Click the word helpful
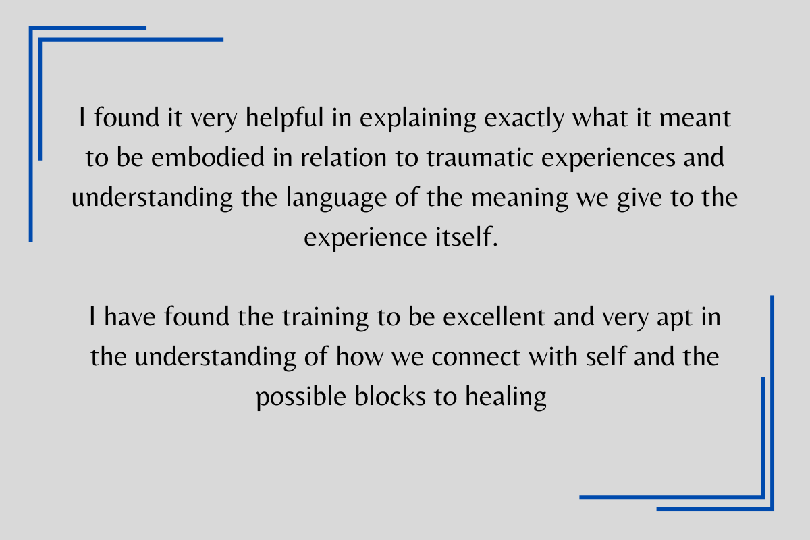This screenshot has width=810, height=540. pyautogui.click(x=285, y=118)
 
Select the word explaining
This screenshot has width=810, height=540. pyautogui.click(x=418, y=118)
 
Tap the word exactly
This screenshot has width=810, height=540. pyautogui.click(x=524, y=118)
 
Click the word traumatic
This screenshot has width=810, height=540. pyautogui.click(x=479, y=158)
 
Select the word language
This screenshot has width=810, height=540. pyautogui.click(x=336, y=198)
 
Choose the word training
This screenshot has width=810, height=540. pyautogui.click(x=325, y=317)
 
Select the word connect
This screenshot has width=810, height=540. pyautogui.click(x=476, y=357)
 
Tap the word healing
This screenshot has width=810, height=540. pyautogui.click(x=506, y=397)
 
